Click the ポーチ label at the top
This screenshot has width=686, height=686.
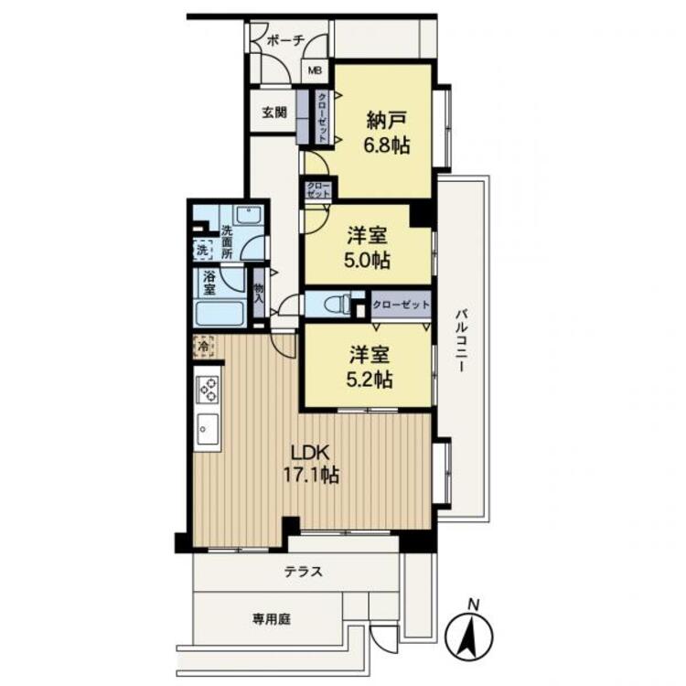(x=284, y=40)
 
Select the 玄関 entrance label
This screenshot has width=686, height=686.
(x=274, y=113)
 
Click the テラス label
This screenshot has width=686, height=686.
(x=302, y=572)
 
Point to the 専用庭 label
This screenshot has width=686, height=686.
(x=272, y=618)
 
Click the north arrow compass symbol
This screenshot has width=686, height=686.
(x=472, y=631)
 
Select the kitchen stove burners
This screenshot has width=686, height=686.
(x=208, y=389)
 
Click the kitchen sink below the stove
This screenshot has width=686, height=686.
(x=208, y=428)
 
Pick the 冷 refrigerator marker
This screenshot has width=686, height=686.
(x=201, y=346)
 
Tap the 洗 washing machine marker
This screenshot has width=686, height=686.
(x=201, y=249)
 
